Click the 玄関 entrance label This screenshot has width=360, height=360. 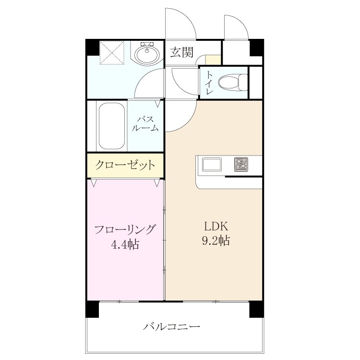tap(181, 52)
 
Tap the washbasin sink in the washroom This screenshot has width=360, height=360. tap(147, 53)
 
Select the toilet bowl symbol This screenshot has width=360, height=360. tap(233, 82)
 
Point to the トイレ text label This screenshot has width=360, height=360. tap(209, 83)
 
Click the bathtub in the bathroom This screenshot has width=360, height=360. tap(112, 126)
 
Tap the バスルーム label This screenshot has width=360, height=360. tap(145, 123)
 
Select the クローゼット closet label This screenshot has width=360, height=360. tap(125, 165)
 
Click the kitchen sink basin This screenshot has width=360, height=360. tap(212, 164)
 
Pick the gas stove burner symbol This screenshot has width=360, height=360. tap(241, 164)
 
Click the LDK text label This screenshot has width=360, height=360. tap(216, 227)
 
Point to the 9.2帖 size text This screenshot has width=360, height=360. tap(216, 240)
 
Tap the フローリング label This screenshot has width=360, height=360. tap(125, 229)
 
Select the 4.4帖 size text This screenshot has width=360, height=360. tap(125, 244)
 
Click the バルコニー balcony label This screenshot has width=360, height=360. tap(171, 326)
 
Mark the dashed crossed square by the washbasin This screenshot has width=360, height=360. tap(112, 53)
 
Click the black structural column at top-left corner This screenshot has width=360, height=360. tap(92, 47)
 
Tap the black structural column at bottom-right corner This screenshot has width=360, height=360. tap(257, 310)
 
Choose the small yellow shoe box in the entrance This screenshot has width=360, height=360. tap(213, 60)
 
